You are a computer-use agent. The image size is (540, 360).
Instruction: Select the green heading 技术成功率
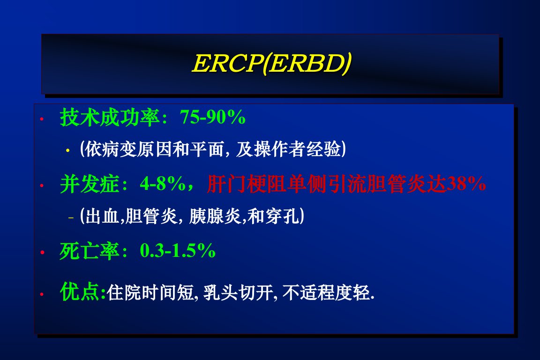click(x=110, y=117)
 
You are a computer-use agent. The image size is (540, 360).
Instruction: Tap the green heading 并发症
click(x=90, y=184)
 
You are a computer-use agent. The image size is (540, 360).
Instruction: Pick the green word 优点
click(x=80, y=292)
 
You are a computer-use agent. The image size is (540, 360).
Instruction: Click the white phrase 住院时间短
click(x=150, y=293)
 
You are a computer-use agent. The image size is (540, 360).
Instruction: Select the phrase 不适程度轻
click(x=326, y=293)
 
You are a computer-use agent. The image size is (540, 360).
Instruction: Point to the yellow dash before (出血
click(x=71, y=217)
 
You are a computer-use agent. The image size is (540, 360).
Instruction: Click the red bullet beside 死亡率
click(x=42, y=253)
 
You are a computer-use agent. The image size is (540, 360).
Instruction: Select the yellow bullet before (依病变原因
click(x=68, y=150)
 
